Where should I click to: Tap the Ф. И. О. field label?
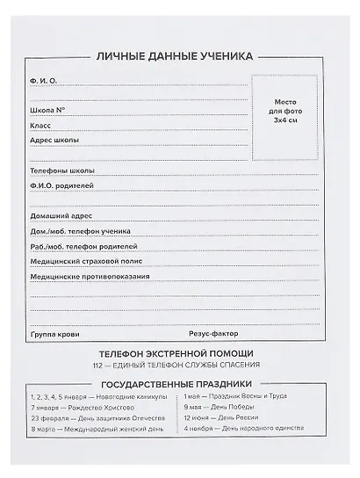(x=43, y=80)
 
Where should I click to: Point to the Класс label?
(x=40, y=126)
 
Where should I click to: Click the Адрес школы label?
(x=54, y=141)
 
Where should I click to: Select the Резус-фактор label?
(x=212, y=335)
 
